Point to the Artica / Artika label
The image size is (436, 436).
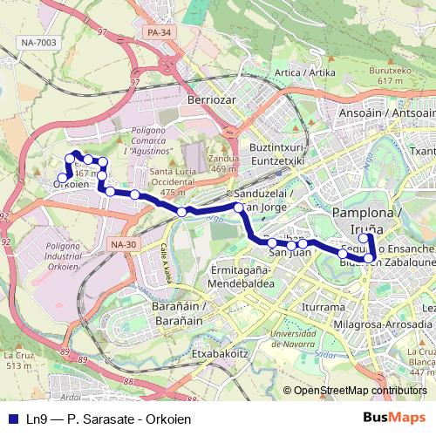click(x=299, y=72)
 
